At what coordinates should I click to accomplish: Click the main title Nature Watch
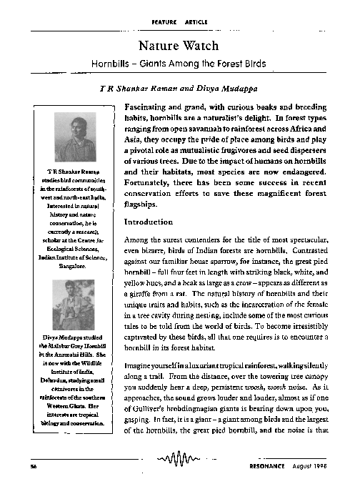(x=179, y=47)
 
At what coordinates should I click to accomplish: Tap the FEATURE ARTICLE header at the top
(x=179, y=22)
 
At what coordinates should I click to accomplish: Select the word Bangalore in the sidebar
(x=70, y=265)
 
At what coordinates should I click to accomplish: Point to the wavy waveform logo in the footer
(x=179, y=458)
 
